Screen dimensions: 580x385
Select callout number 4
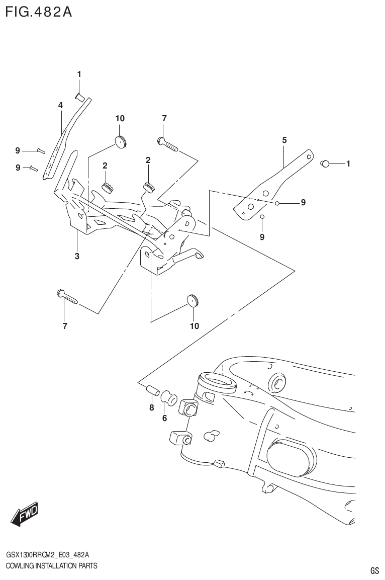click(x=60, y=105)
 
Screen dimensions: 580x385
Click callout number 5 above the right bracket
click(x=284, y=140)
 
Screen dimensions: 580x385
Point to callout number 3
click(x=77, y=256)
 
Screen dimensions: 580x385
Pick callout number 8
click(x=151, y=408)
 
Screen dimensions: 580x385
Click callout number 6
click(x=164, y=418)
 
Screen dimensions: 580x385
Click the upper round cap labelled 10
click(x=120, y=141)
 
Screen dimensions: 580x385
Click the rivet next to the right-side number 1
click(x=325, y=163)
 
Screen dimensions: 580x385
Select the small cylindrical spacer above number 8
click(x=152, y=390)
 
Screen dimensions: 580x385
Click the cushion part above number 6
click(x=169, y=399)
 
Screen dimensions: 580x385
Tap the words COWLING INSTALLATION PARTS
click(x=51, y=565)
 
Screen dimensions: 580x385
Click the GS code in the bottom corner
click(x=374, y=570)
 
